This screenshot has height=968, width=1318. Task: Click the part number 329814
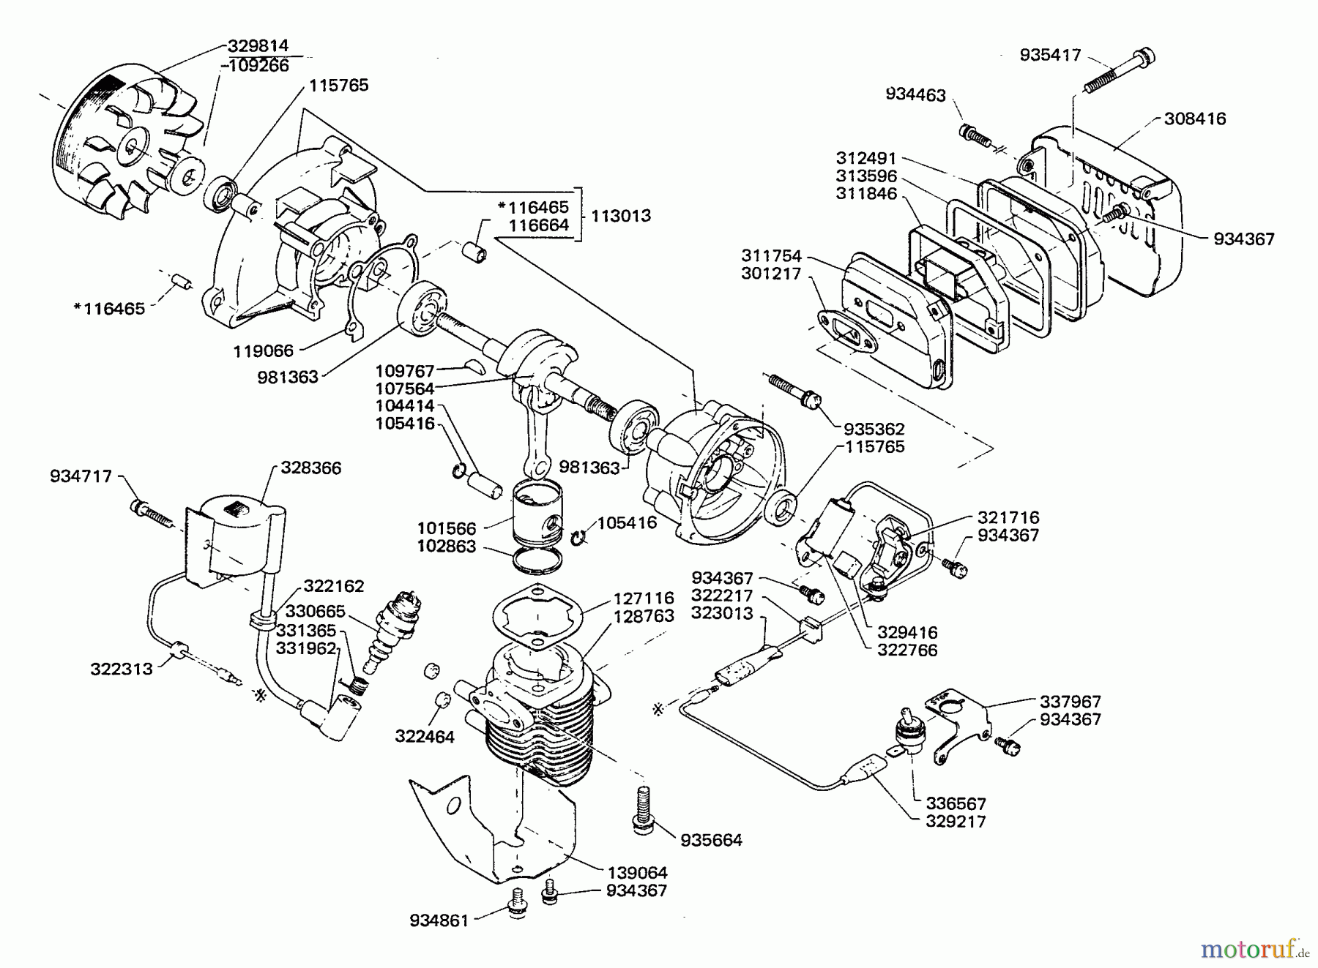(258, 46)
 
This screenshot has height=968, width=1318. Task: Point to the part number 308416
(1195, 119)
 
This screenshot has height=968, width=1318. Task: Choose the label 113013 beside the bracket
(621, 216)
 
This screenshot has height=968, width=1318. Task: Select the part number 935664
(711, 840)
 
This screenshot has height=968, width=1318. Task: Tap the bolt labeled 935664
(644, 808)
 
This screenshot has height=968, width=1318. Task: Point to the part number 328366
(311, 468)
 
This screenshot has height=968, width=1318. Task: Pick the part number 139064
(637, 873)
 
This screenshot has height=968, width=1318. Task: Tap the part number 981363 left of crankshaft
(288, 377)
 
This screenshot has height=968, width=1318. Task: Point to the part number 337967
(1071, 702)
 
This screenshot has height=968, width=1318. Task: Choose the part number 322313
(122, 669)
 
